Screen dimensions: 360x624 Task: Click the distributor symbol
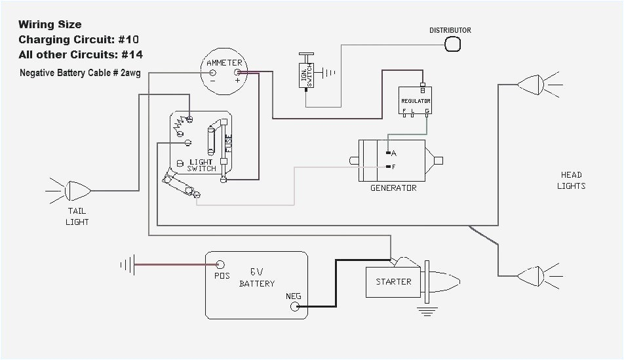(x=453, y=44)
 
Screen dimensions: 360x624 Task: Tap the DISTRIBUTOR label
(x=450, y=30)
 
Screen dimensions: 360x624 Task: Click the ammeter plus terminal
(x=237, y=73)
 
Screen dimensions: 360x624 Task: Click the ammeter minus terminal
(x=211, y=73)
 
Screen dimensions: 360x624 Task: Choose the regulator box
(x=416, y=102)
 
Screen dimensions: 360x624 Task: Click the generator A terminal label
(x=394, y=153)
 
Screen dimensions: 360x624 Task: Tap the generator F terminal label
(x=394, y=167)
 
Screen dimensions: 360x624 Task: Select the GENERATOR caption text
(x=393, y=188)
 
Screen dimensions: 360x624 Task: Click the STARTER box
(x=393, y=282)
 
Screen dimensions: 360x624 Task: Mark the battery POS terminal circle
(x=221, y=264)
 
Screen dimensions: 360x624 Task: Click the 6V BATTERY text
(x=256, y=277)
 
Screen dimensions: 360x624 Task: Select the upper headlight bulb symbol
(x=530, y=85)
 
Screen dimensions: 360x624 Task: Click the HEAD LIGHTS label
(x=571, y=180)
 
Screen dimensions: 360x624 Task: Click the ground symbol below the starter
(x=427, y=311)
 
